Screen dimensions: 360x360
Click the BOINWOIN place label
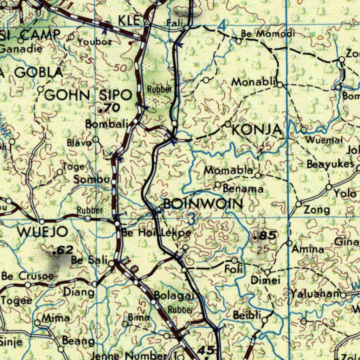(x=203, y=204)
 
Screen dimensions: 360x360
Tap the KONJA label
(x=257, y=130)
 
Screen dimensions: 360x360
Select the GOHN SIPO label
(x=88, y=95)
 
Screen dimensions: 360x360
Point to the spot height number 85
(x=267, y=236)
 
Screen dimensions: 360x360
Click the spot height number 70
(x=111, y=108)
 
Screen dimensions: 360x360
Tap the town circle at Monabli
(x=280, y=85)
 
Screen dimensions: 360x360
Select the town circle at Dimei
(x=268, y=272)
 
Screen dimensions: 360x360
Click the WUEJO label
(x=43, y=232)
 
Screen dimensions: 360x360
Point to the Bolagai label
(x=174, y=296)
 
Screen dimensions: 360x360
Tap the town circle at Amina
(x=289, y=243)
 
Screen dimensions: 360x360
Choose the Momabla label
(x=229, y=171)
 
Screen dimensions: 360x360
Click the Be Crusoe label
(x=28, y=276)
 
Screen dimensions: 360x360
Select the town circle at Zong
(x=298, y=204)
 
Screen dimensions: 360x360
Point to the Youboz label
(x=95, y=42)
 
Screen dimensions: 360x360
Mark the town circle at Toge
(x=60, y=172)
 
